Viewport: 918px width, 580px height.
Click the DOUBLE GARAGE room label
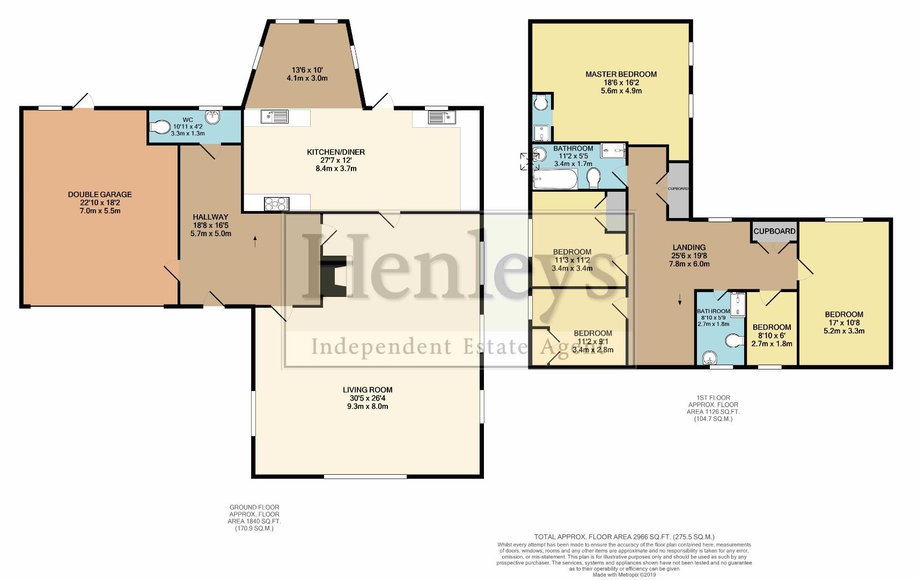tap(100, 194)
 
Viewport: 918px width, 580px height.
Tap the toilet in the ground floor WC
tap(159, 127)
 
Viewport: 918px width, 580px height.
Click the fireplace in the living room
tap(334, 278)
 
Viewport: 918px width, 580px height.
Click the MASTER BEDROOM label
tap(621, 74)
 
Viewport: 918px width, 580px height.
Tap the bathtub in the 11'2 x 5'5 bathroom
tap(555, 179)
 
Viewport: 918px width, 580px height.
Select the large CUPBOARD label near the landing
tap(774, 231)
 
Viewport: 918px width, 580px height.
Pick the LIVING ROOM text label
tap(368, 390)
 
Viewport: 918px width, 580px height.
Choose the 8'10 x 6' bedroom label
tap(772, 327)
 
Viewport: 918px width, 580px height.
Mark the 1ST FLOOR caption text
tap(714, 398)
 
